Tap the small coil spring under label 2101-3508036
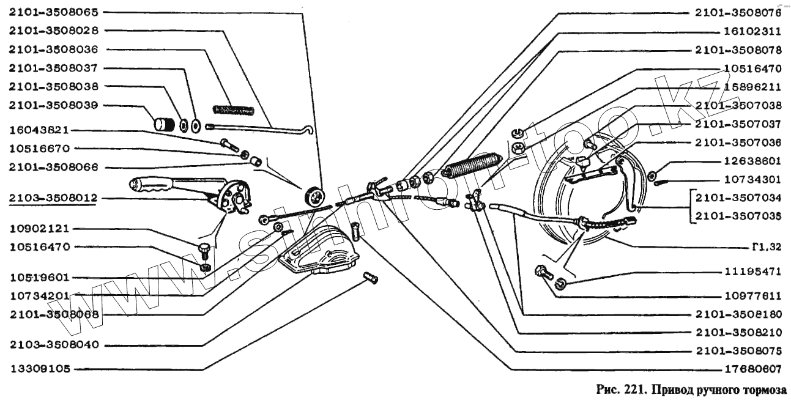(x=232, y=110)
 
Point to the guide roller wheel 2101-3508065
(x=314, y=196)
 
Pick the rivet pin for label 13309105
(x=370, y=279)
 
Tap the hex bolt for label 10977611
(x=541, y=272)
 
